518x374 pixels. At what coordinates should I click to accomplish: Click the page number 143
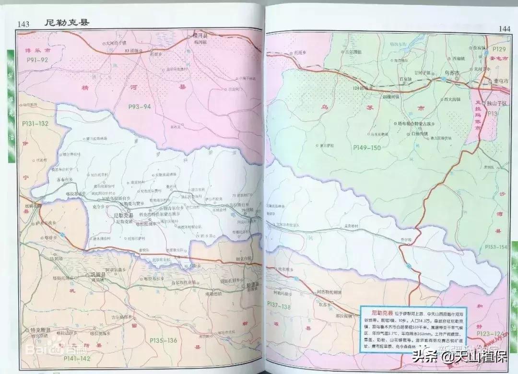23,24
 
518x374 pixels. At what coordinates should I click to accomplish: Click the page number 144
504,29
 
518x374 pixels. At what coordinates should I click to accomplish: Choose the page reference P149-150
365,148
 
